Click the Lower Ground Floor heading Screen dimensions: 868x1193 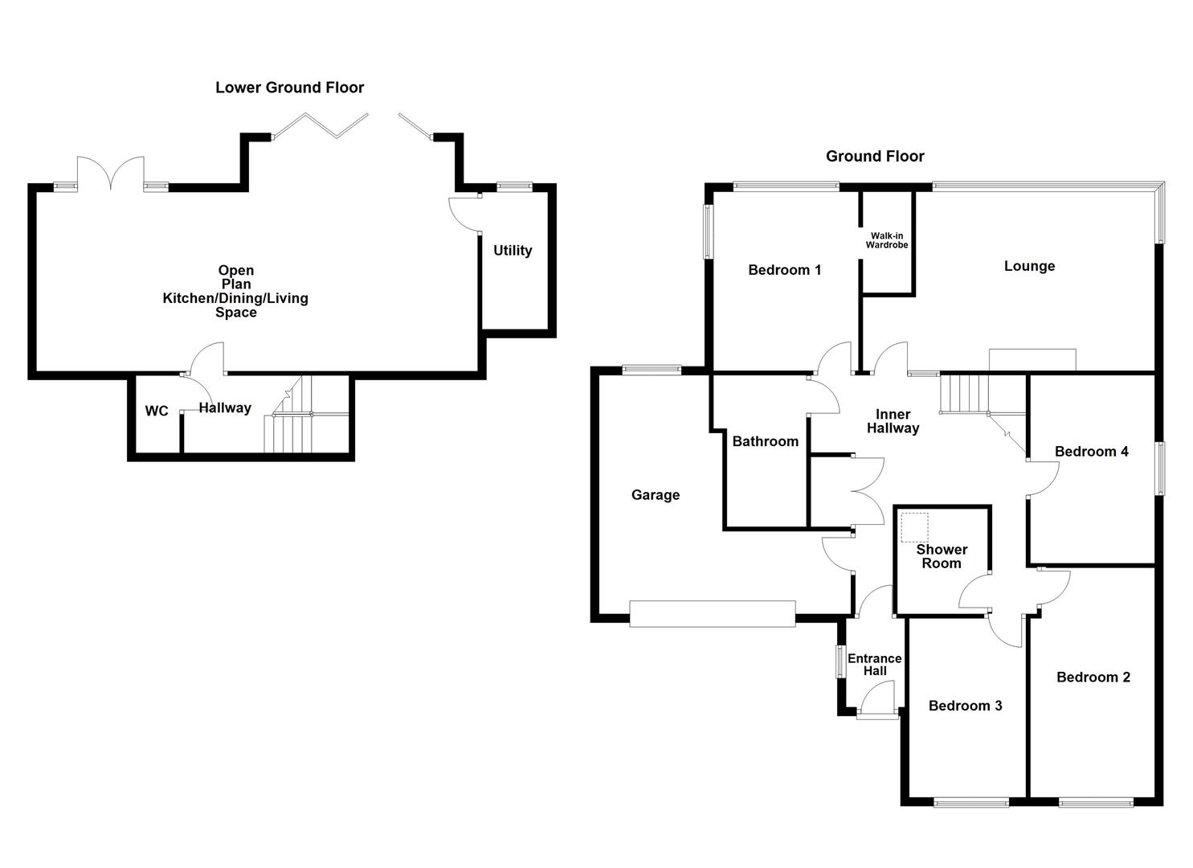tap(289, 88)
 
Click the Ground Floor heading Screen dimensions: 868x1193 tap(875, 156)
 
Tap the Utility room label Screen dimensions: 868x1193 tap(513, 251)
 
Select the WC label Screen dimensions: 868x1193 tap(157, 411)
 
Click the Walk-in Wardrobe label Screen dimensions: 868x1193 tap(886, 240)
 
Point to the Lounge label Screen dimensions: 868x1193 tap(1029, 266)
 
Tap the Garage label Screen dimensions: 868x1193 tap(655, 495)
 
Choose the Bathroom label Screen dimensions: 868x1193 tap(765, 441)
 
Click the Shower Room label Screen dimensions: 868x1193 tap(942, 556)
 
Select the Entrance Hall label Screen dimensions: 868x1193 tap(875, 665)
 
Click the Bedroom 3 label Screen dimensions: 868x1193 tap(965, 706)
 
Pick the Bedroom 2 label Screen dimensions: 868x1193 tap(1093, 678)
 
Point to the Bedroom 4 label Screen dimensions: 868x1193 tap(1091, 452)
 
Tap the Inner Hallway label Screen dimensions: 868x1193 tap(893, 421)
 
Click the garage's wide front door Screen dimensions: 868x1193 tap(713, 613)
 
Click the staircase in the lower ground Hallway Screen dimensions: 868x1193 tap(288, 423)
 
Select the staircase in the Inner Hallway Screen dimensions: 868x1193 tap(964, 393)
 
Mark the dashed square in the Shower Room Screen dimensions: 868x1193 tap(914, 527)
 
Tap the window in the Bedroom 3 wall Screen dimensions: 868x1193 tap(971, 801)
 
